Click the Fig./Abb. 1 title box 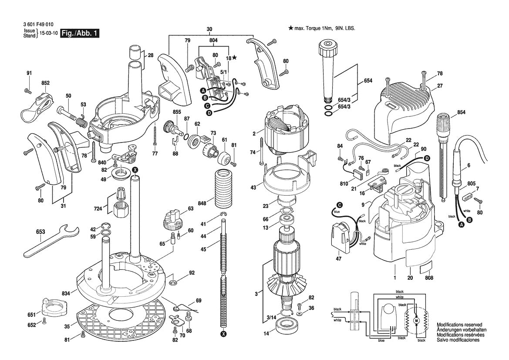(79, 34)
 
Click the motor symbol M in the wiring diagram (416, 320)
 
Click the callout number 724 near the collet (99, 209)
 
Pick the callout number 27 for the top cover (440, 86)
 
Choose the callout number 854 (461, 112)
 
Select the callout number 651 (31, 314)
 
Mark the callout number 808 (429, 278)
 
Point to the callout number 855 (164, 112)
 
